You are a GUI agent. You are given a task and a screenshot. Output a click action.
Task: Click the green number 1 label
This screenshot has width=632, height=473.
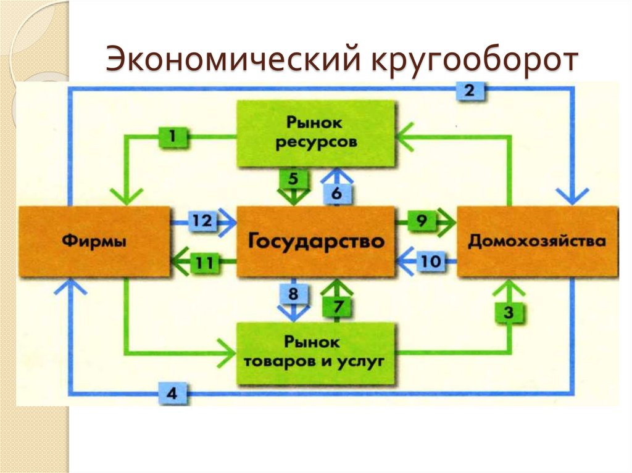coord(174,137)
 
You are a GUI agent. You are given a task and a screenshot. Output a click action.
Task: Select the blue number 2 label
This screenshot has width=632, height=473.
coord(470,91)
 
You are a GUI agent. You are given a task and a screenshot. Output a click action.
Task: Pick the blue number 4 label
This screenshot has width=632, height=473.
coord(173,392)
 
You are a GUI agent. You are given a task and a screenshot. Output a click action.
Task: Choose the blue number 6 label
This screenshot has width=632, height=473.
coord(336,193)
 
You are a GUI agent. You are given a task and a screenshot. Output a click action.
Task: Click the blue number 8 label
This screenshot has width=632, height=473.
coord(293,294)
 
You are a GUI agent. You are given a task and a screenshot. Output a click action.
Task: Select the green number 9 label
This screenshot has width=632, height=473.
coord(422,220)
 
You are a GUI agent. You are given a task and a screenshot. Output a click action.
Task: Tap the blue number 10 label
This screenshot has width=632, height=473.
coord(432,261)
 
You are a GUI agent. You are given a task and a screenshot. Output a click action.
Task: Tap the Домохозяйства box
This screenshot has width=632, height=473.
coord(536,241)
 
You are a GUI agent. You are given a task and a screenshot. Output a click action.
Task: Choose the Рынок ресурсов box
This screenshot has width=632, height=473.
coord(316,133)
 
